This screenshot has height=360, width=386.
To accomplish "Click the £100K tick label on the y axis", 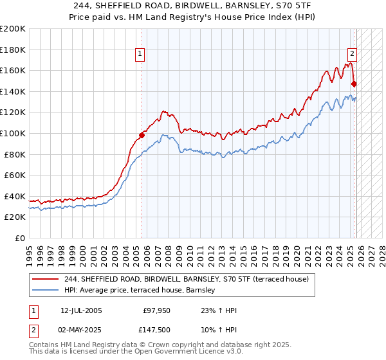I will (12, 133).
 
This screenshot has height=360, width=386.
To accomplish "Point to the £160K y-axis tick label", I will (12, 70).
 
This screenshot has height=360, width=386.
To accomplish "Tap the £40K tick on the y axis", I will (14, 196).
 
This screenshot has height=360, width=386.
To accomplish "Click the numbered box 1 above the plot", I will (140, 54).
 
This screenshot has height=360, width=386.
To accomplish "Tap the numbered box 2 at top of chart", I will (353, 54).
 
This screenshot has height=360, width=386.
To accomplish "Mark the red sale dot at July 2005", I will (142, 135).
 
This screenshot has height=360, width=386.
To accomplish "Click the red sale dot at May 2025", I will (354, 83).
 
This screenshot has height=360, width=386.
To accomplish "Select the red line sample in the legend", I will (46, 279).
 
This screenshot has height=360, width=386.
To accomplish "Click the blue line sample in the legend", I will (46, 291).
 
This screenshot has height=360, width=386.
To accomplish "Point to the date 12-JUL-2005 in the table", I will (81, 310).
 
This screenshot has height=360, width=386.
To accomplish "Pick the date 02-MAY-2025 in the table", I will (81, 329).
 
